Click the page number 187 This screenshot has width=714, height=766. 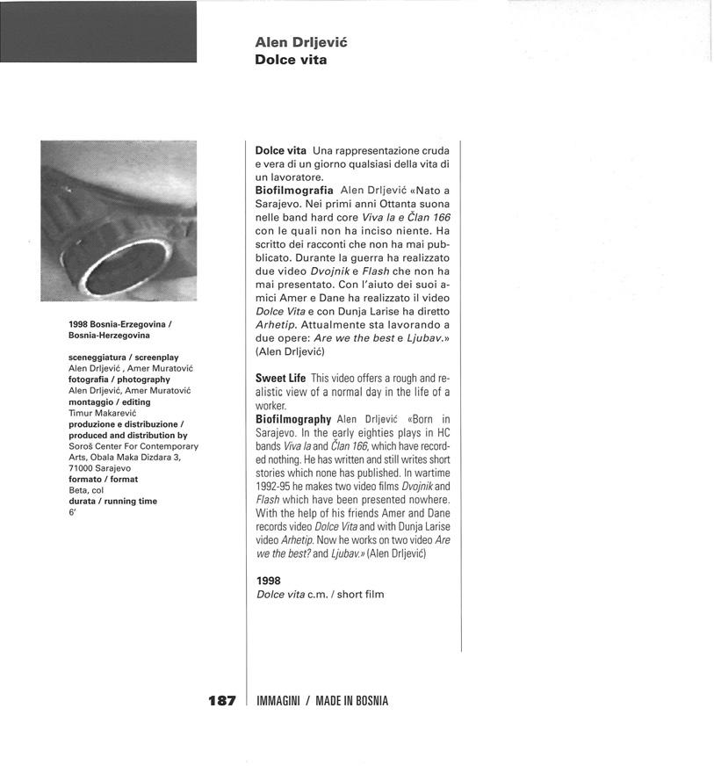222,700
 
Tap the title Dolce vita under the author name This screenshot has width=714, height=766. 290,60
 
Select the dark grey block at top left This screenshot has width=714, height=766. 98,32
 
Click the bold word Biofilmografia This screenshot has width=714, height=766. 293,189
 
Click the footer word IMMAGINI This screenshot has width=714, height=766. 279,701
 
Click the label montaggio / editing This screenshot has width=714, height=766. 109,401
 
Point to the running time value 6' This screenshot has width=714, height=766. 72,512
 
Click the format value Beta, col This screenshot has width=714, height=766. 86,490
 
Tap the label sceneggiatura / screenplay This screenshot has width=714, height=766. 123,358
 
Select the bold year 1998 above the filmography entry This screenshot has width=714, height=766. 268,581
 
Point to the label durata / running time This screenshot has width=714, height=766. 112,501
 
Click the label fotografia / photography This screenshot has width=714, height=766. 119,379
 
